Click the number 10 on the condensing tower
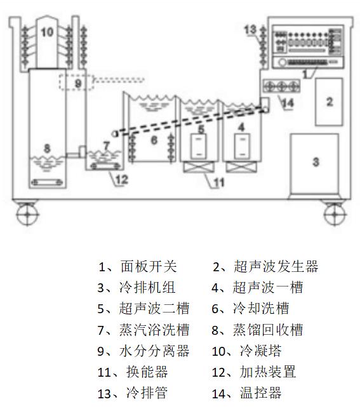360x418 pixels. click(47, 32)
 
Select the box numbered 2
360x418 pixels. click(329, 102)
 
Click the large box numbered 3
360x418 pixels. click(314, 163)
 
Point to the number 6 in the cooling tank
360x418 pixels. click(154, 140)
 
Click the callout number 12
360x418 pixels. click(122, 179)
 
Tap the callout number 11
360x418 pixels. click(219, 182)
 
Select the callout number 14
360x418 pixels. click(288, 103)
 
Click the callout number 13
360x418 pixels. click(250, 30)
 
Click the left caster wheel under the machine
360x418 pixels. click(27, 214)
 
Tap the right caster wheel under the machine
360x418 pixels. click(335, 214)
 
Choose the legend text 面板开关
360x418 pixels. click(149, 266)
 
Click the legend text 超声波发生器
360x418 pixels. click(276, 266)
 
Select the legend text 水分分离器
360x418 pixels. click(154, 351)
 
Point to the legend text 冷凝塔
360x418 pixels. click(260, 351)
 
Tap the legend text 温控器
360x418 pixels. click(260, 393)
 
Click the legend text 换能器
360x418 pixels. click(147, 372)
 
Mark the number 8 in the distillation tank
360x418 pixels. click(47, 149)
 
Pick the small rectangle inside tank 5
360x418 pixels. click(199, 146)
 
